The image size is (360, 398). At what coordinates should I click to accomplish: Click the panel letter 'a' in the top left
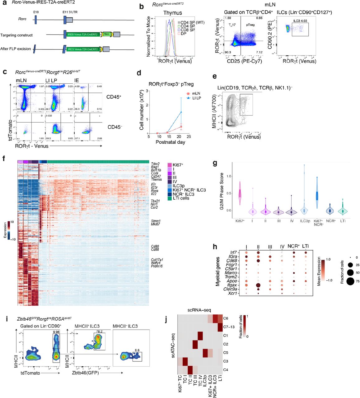click(x=5, y=3)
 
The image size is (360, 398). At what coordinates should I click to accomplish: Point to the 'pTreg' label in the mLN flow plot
click(x=250, y=25)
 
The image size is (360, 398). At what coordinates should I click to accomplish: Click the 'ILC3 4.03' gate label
click(x=300, y=21)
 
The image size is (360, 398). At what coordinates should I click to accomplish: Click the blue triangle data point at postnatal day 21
click(x=181, y=112)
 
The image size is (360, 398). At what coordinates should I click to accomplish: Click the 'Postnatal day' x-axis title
click(x=170, y=142)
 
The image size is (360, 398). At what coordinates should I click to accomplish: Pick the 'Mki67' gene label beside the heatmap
click(x=155, y=224)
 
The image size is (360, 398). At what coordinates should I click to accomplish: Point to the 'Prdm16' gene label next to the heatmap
click(x=157, y=266)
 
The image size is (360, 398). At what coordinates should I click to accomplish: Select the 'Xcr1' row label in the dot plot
click(x=232, y=293)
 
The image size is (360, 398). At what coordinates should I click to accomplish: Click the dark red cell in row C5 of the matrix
click(x=205, y=353)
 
